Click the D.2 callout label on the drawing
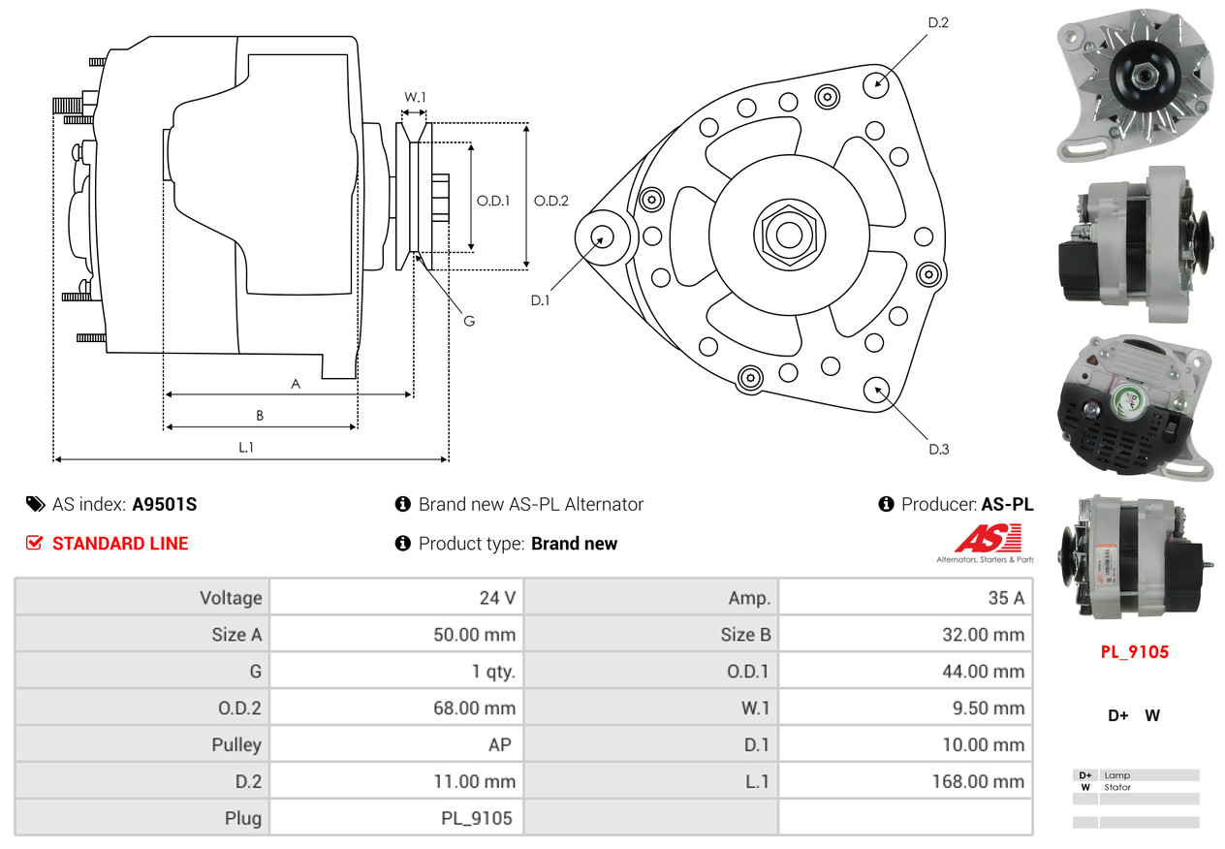[x=938, y=22]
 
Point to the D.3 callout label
[x=938, y=449]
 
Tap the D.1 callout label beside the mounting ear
[x=541, y=300]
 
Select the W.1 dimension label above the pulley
[x=415, y=97]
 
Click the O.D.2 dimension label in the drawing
[x=551, y=201]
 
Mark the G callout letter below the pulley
[x=469, y=321]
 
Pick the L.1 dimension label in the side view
[x=246, y=448]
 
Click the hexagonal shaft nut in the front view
[x=789, y=235]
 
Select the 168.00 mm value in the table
[x=978, y=781]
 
